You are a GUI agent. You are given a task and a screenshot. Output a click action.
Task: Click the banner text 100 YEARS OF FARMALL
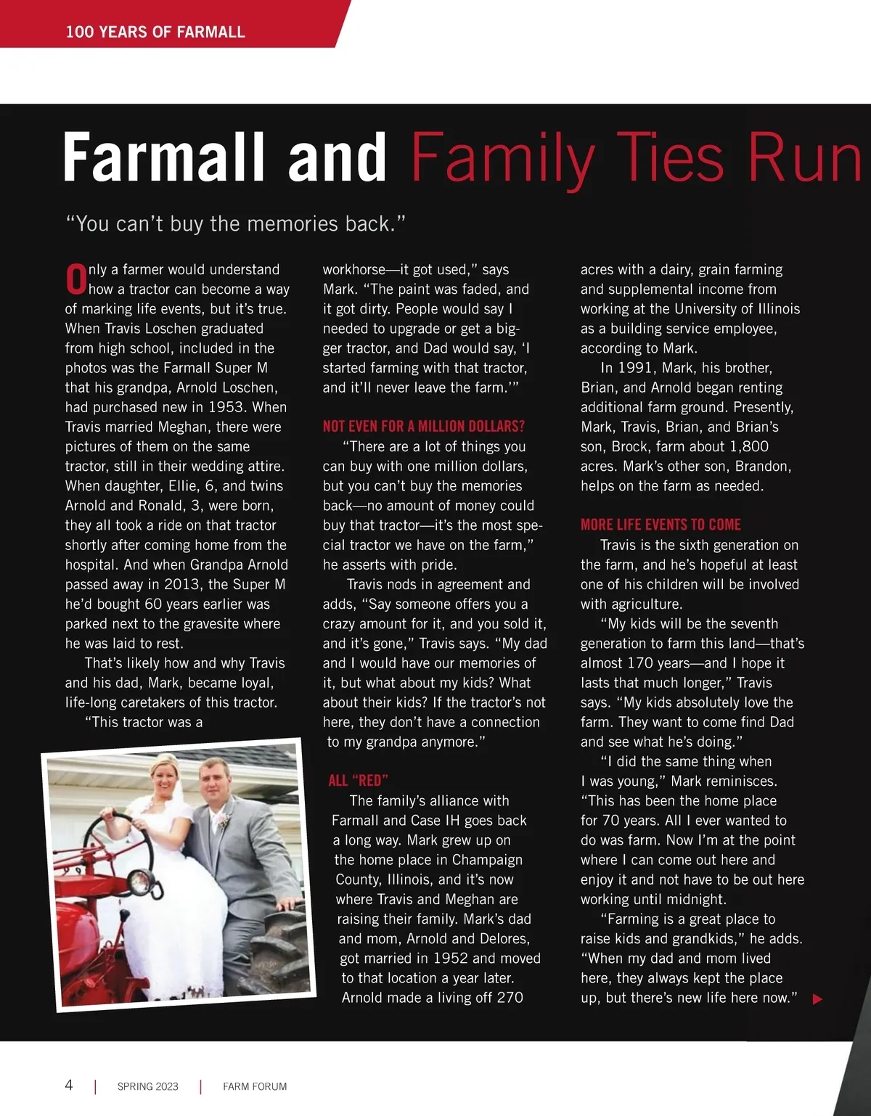pyautogui.click(x=155, y=32)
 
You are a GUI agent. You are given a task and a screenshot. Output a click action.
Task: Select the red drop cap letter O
pyautogui.click(x=75, y=279)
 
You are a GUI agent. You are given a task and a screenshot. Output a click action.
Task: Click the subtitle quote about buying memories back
pyautogui.click(x=235, y=223)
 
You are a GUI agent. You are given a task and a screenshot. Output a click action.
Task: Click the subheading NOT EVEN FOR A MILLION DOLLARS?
pyautogui.click(x=423, y=426)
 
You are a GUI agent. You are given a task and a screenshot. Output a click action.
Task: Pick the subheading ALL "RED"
pyautogui.click(x=358, y=780)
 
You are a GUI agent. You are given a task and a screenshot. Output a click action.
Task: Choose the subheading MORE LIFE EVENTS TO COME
pyautogui.click(x=661, y=525)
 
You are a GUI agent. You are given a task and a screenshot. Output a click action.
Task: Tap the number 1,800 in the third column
pyautogui.click(x=745, y=446)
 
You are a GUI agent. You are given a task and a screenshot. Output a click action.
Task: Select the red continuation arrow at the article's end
pyautogui.click(x=817, y=999)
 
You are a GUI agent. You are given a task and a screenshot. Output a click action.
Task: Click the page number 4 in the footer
pyautogui.click(x=69, y=1085)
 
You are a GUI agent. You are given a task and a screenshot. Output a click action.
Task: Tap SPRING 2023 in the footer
pyautogui.click(x=147, y=1086)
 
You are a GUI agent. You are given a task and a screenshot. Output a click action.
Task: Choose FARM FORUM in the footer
pyautogui.click(x=255, y=1086)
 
